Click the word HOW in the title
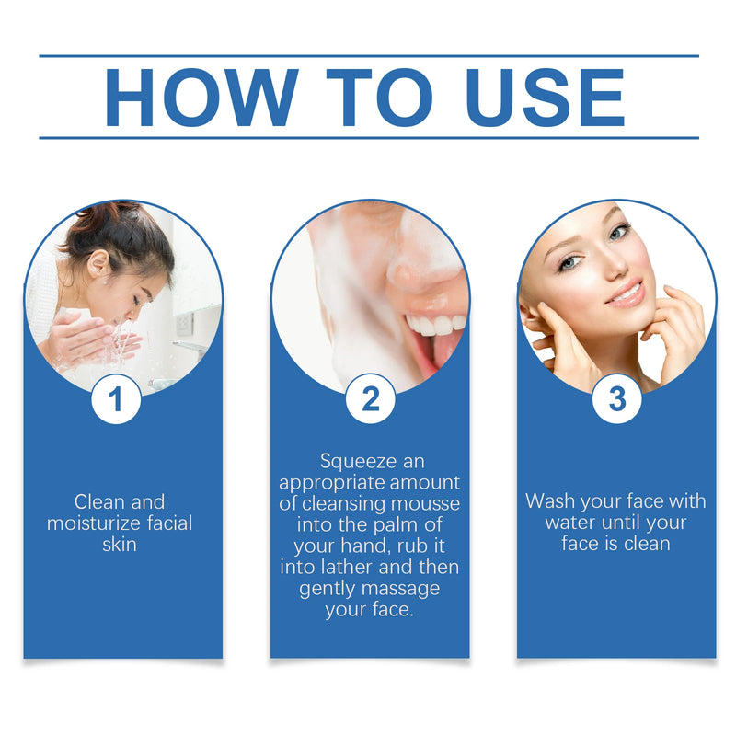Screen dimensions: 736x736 coord(201,97)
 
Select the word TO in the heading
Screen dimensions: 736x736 coord(379,97)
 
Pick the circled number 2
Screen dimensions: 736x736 coord(370,400)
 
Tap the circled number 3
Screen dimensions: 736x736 coord(616,400)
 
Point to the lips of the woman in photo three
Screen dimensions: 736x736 coord(627,294)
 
